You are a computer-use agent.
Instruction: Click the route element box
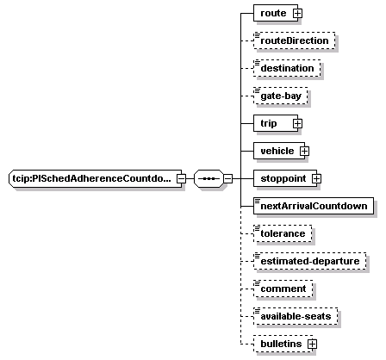(276, 13)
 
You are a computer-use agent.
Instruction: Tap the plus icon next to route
(297, 13)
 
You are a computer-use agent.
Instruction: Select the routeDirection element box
(295, 40)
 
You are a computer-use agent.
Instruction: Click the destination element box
(287, 68)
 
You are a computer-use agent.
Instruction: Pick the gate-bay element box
(281, 96)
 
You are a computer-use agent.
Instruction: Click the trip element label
(269, 123)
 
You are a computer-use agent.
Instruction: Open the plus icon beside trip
(297, 123)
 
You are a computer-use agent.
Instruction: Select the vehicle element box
(279, 151)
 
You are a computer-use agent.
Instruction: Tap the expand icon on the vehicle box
(304, 151)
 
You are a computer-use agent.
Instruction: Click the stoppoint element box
(285, 178)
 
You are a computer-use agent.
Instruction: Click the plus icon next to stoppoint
(316, 178)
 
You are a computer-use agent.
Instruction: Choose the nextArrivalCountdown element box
(314, 206)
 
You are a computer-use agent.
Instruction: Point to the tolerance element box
(283, 233)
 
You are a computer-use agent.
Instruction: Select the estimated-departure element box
(310, 261)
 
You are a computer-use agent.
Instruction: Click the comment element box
(283, 289)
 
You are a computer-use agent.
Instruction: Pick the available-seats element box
(296, 316)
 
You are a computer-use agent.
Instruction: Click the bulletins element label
(281, 344)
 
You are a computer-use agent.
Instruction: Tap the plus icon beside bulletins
(312, 344)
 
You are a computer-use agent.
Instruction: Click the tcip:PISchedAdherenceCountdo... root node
(95, 178)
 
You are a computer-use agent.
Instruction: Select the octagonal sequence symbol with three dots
(209, 178)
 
